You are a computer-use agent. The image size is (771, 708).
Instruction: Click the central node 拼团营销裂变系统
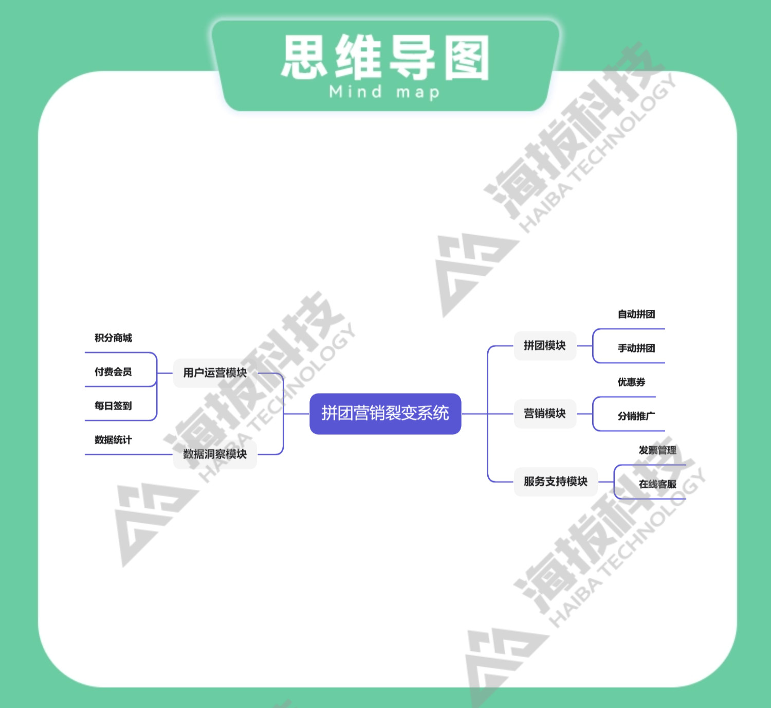(385, 414)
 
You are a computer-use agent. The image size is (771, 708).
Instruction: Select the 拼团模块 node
(544, 346)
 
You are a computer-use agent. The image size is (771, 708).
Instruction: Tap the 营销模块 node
(544, 414)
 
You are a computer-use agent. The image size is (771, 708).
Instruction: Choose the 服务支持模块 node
(555, 482)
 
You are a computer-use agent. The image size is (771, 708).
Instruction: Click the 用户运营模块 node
(215, 373)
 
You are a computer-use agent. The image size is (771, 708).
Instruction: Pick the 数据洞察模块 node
(215, 454)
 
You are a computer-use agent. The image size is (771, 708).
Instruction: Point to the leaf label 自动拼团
(636, 314)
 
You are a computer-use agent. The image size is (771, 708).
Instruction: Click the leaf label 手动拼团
(636, 348)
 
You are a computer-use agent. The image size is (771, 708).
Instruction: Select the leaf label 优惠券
(631, 382)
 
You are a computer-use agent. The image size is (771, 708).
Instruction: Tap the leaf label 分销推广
(636, 416)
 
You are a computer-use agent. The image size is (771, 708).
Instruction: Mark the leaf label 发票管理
(657, 450)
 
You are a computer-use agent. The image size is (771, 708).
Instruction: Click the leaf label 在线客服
(657, 484)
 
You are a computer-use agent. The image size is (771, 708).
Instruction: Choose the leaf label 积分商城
(113, 338)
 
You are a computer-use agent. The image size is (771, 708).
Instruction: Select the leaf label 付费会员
(113, 372)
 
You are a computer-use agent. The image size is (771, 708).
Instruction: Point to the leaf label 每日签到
(113, 406)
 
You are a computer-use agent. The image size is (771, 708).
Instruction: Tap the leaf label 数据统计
(113, 440)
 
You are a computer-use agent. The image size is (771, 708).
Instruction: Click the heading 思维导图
(385, 58)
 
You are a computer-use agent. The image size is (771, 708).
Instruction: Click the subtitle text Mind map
(384, 93)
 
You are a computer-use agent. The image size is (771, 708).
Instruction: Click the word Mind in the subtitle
(356, 92)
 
